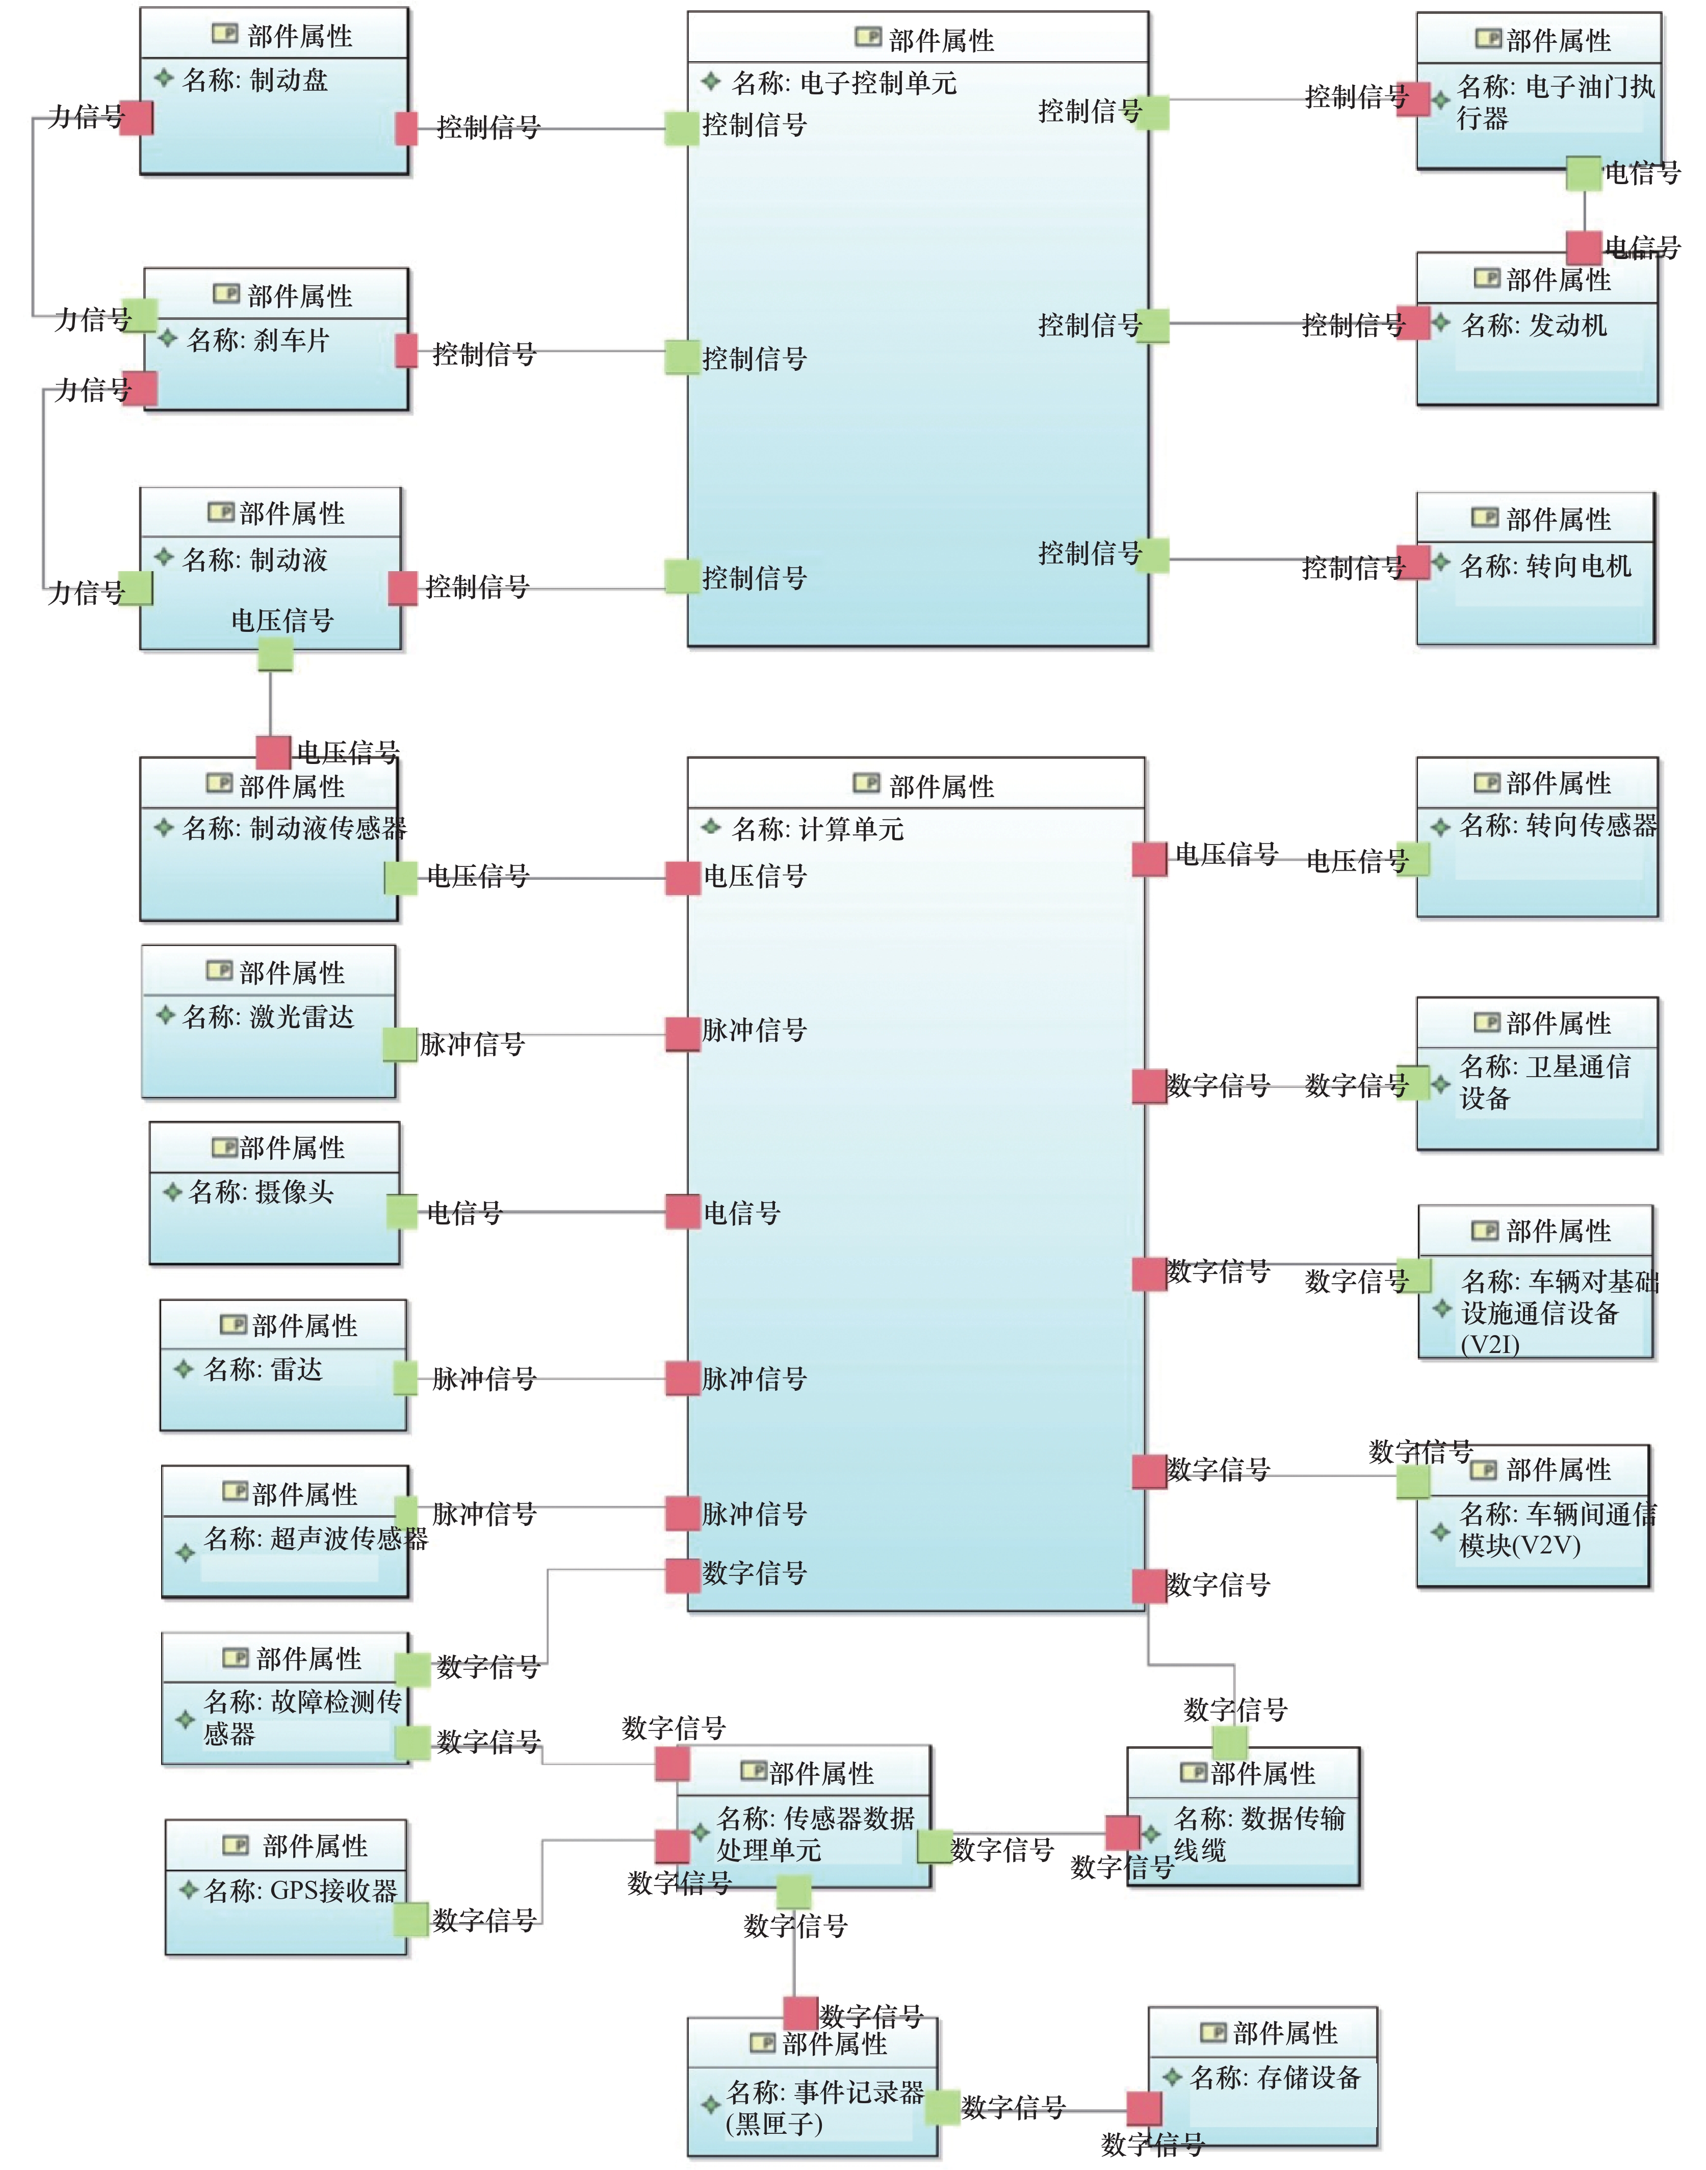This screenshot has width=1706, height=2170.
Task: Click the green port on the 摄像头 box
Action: pyautogui.click(x=402, y=1212)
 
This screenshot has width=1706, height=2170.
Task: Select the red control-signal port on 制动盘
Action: pyautogui.click(x=406, y=128)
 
